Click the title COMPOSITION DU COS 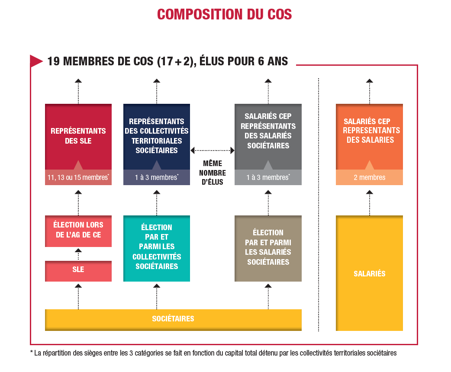coord(224,14)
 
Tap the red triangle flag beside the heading coord(35,61)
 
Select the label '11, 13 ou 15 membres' coord(77,177)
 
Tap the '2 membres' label coord(369,177)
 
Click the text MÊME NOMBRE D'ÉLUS coord(213,173)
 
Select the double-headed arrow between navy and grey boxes coord(212,150)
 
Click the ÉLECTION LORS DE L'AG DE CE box coord(78,231)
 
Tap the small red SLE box coord(78,271)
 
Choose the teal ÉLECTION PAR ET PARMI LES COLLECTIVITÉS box coord(157,248)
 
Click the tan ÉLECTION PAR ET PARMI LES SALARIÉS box coord(268,248)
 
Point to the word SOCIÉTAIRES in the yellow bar coord(173,318)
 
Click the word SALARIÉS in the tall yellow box coord(369,273)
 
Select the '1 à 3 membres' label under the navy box coord(157,177)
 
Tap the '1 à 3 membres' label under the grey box coord(268,177)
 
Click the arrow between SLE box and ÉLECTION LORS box coord(78,254)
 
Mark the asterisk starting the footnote coord(31,352)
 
